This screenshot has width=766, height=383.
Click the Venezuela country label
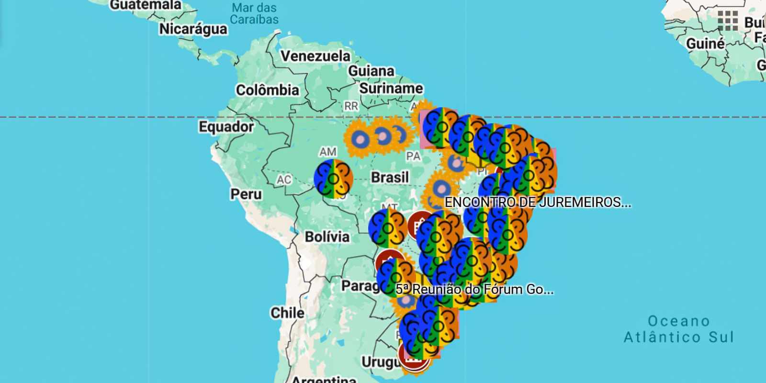click(315, 56)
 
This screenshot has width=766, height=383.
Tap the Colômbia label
click(267, 90)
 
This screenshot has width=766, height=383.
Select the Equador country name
click(226, 127)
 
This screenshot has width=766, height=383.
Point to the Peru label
click(246, 194)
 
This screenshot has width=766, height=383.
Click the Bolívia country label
click(327, 237)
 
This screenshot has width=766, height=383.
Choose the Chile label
click(287, 313)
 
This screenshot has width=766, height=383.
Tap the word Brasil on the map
click(390, 178)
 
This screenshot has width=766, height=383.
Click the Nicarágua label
click(193, 29)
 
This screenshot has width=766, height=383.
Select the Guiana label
click(371, 71)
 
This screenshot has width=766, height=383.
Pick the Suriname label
click(391, 89)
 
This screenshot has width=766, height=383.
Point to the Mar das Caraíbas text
click(254, 13)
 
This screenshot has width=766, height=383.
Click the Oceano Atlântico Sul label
click(678, 329)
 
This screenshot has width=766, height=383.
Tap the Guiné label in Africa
click(705, 44)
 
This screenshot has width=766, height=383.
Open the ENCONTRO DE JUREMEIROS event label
click(538, 203)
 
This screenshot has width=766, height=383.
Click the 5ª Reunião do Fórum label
click(474, 289)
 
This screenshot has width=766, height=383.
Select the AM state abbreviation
click(328, 152)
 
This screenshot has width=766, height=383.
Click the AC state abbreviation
click(284, 180)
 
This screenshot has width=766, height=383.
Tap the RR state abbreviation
click(351, 106)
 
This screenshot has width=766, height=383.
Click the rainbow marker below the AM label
click(333, 179)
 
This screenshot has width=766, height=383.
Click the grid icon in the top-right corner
click(728, 21)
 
